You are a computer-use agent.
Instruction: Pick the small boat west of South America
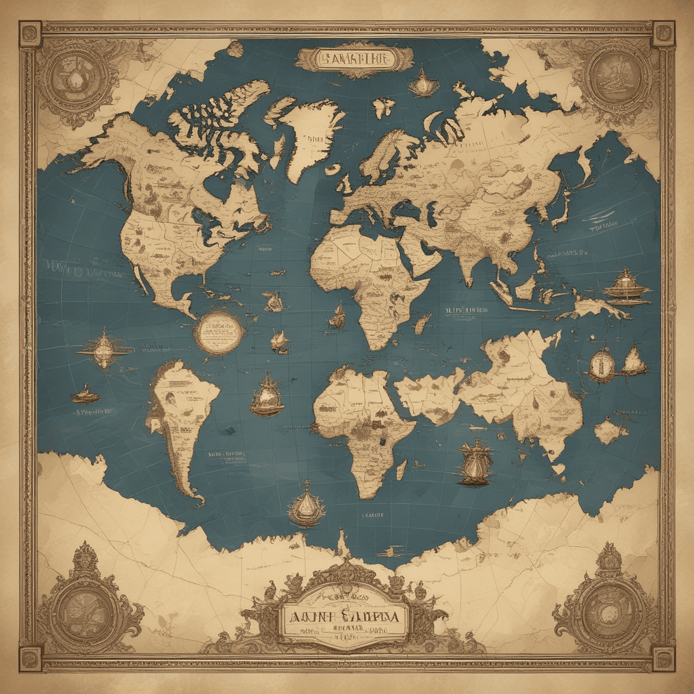[86, 394]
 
